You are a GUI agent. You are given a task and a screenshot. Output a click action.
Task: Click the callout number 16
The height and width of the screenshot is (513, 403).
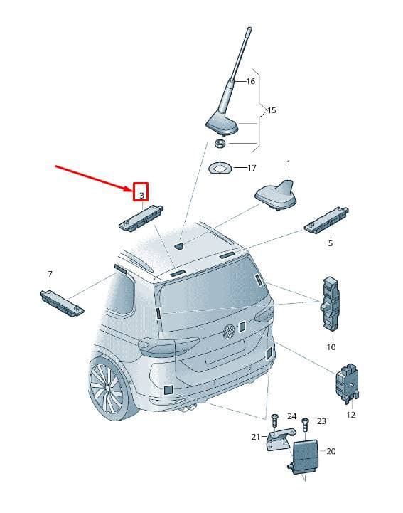250,81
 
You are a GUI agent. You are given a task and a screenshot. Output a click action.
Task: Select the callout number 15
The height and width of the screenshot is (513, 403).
272,110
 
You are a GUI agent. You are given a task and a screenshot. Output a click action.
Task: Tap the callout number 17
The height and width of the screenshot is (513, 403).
252,168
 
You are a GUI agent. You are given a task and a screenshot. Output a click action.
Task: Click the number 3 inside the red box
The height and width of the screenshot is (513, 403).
141,196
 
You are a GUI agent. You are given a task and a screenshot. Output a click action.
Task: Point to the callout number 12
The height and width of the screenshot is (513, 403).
350,415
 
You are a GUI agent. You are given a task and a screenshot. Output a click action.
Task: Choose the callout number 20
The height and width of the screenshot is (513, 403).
331,451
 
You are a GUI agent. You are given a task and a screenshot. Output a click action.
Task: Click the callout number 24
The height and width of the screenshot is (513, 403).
292,416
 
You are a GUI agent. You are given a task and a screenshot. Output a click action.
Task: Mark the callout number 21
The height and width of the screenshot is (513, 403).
256,437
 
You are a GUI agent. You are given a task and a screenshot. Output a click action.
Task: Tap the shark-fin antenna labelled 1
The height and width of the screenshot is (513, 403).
276,196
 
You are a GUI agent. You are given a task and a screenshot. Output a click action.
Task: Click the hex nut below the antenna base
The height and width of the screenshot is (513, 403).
220,143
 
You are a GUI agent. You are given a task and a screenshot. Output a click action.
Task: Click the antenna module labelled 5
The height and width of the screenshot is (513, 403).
326,220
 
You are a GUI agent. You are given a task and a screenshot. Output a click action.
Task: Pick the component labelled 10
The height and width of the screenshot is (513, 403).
330,303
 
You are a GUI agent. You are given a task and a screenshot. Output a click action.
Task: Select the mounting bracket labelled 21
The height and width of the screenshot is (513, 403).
280,440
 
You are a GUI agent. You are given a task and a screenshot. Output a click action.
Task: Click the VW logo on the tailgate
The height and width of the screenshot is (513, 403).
229,332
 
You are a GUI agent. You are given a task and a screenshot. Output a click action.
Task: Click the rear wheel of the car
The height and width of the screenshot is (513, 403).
110,388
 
